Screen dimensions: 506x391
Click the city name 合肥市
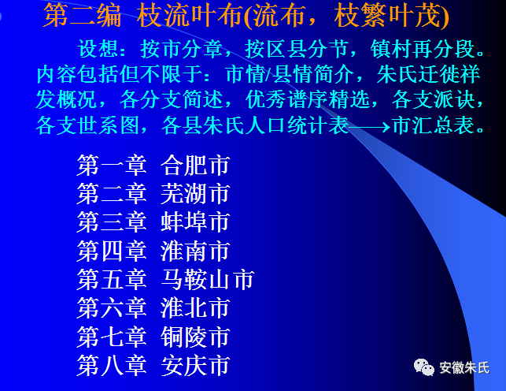[195, 165]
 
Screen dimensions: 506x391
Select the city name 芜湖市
[195, 194]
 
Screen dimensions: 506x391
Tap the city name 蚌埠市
[195, 222]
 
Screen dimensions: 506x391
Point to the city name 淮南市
[195, 251]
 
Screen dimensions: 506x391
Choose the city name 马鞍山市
[208, 280]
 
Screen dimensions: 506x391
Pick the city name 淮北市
[195, 308]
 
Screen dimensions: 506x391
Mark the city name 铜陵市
[195, 337]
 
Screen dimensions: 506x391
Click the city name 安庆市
[195, 366]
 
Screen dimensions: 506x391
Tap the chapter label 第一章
[112, 165]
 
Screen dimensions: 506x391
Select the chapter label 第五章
[112, 280]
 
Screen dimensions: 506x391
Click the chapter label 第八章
[112, 366]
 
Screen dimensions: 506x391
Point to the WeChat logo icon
[424, 367]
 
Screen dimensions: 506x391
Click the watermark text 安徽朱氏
[464, 368]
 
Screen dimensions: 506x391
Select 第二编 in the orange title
[83, 16]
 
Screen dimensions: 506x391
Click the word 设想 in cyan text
[98, 49]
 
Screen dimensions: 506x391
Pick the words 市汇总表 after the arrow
[434, 125]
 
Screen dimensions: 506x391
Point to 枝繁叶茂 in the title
[387, 16]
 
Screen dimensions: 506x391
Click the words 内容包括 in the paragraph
[77, 75]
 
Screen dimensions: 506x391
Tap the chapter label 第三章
[112, 222]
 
